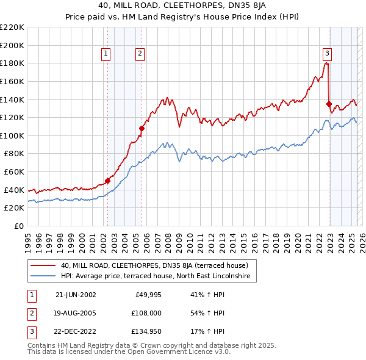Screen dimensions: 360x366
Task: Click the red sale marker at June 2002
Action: tap(108, 181)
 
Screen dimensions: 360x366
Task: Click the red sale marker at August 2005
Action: tap(142, 128)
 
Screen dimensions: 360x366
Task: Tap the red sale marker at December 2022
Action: tap(329, 104)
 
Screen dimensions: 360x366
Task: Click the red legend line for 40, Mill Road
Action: tap(43, 266)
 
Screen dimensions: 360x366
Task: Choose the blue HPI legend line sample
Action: tap(43, 276)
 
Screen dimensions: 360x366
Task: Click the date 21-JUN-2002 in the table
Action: tap(76, 295)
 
